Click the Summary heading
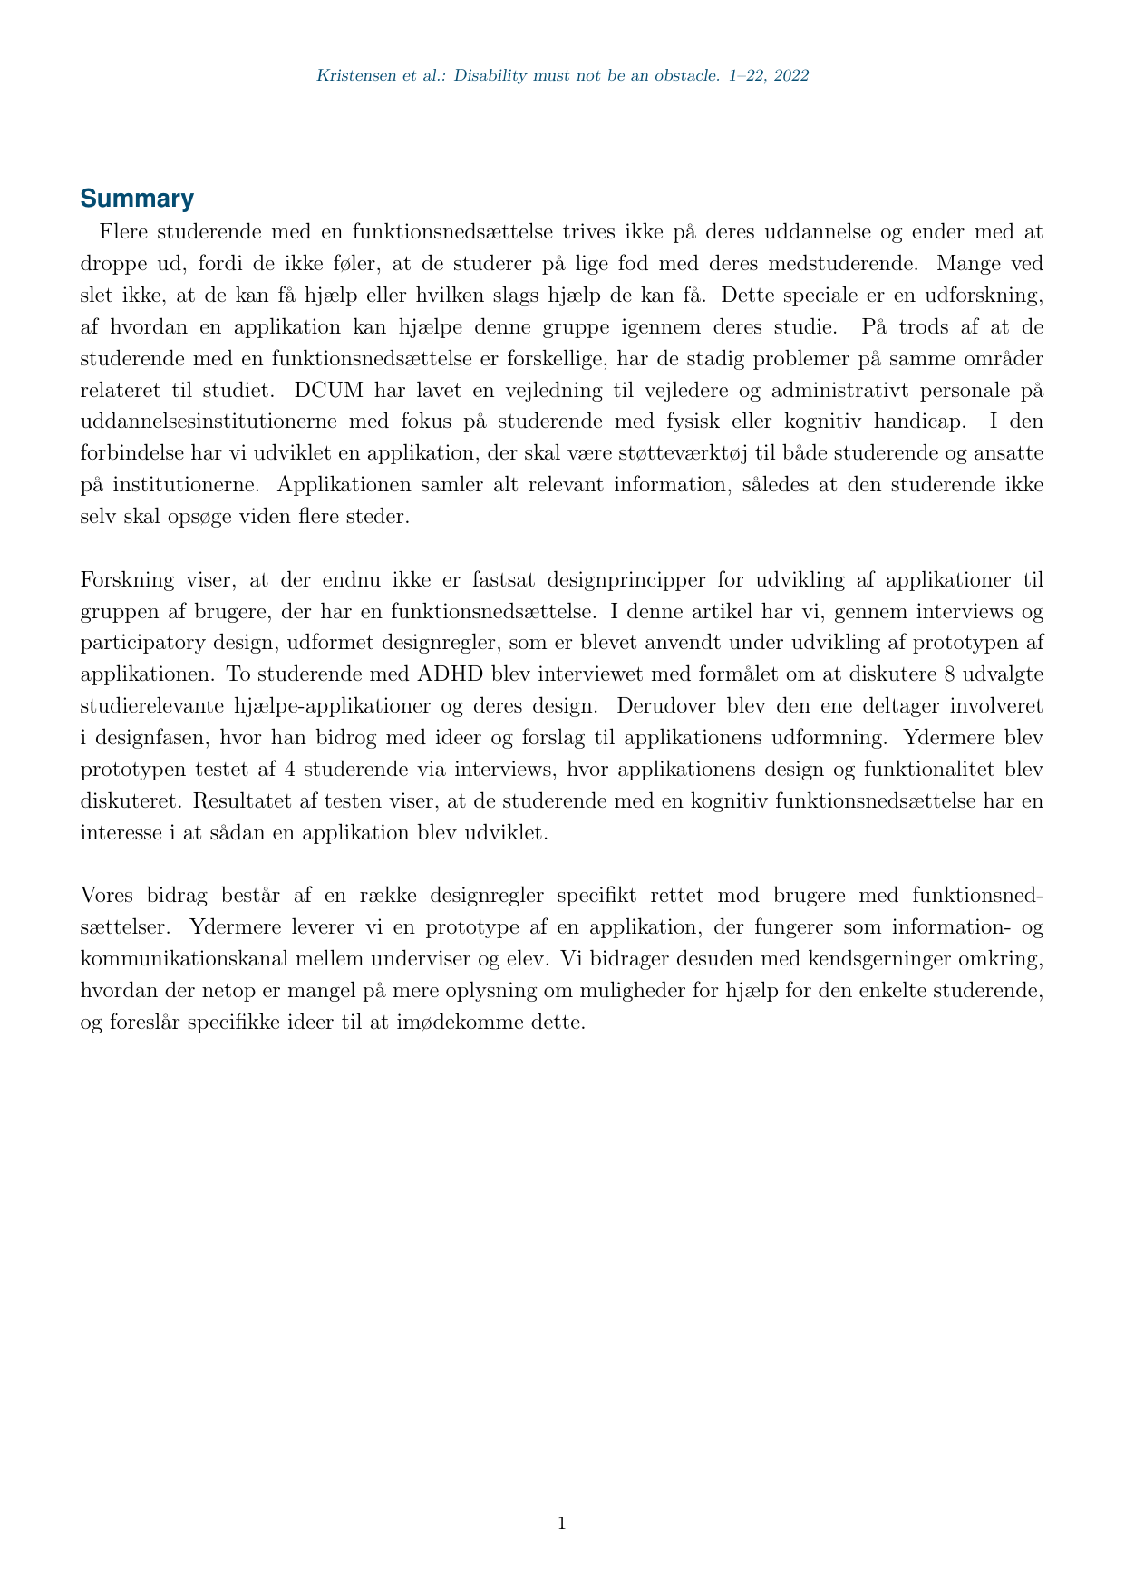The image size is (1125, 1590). (x=137, y=199)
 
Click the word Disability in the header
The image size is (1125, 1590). (x=490, y=76)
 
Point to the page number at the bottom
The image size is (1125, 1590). (x=562, y=1524)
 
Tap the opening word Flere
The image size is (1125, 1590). (x=122, y=231)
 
